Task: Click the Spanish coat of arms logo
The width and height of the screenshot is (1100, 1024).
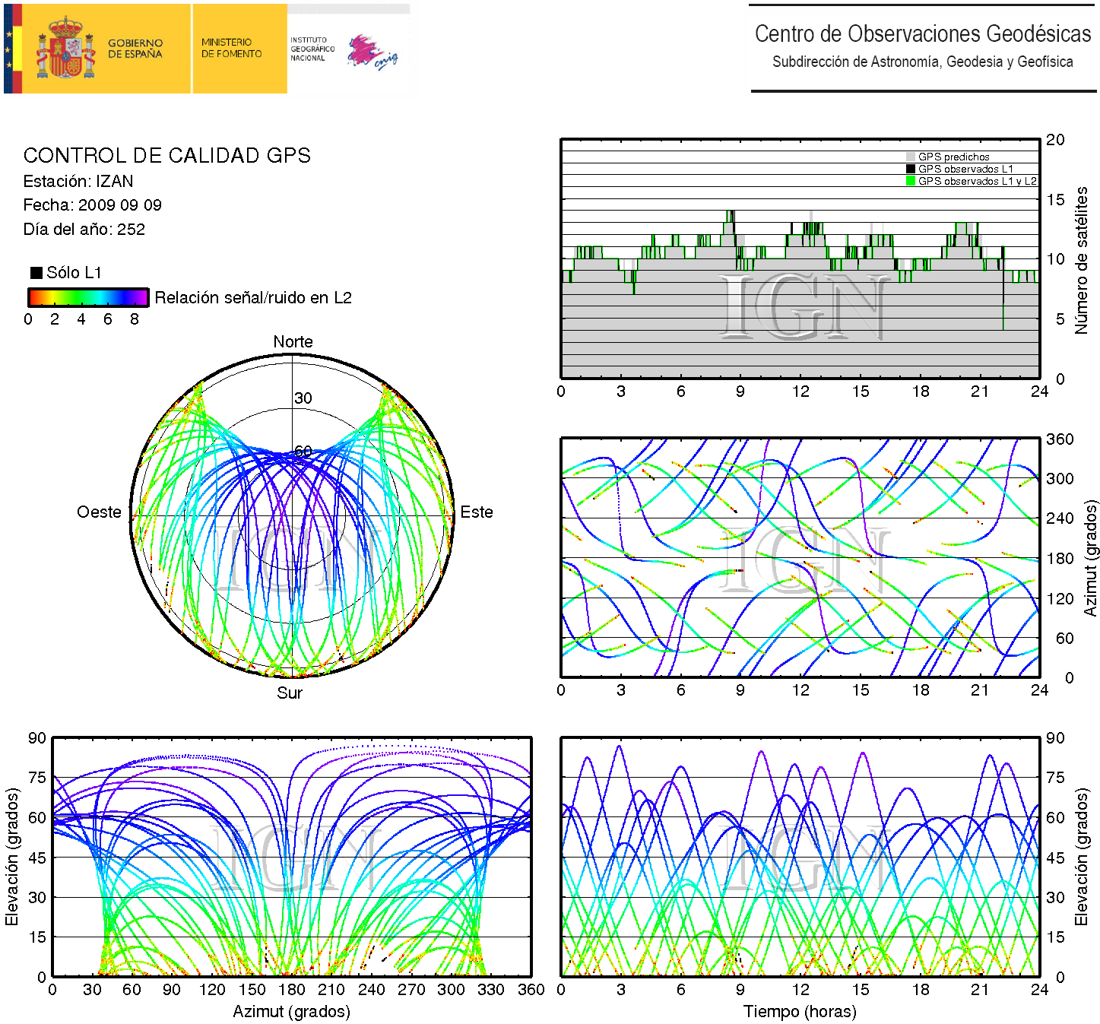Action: pos(67,49)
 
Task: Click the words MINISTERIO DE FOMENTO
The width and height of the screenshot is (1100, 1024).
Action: pos(231,48)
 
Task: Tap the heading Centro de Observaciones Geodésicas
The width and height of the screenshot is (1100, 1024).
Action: pos(922,34)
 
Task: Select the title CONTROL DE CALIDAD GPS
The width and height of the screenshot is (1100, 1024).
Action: pos(166,156)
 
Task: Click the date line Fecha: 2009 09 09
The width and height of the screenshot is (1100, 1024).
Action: pos(92,205)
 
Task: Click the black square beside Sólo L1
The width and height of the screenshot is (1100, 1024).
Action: pos(36,273)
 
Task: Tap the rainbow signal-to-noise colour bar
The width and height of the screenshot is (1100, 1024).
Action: pos(88,297)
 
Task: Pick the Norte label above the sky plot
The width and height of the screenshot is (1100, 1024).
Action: pos(293,342)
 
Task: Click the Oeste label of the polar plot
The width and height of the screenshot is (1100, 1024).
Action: pos(99,512)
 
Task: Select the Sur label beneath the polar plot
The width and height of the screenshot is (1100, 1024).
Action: pos(290,693)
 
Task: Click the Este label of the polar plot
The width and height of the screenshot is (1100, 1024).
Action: pos(477,512)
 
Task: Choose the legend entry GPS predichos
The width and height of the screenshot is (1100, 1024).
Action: pos(953,157)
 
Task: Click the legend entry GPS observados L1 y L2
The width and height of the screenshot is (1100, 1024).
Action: pos(977,181)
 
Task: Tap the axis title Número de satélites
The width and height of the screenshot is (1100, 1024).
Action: pos(1081,260)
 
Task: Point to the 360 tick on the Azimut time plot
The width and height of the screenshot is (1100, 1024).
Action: pos(1060,439)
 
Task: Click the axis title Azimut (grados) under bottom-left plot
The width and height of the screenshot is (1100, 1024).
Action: pos(291,1012)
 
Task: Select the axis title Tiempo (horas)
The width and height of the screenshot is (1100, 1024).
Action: pos(800,1012)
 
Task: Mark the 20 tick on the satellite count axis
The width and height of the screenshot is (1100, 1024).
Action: pos(1055,140)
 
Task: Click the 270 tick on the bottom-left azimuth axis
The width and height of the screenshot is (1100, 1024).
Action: pos(411,990)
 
